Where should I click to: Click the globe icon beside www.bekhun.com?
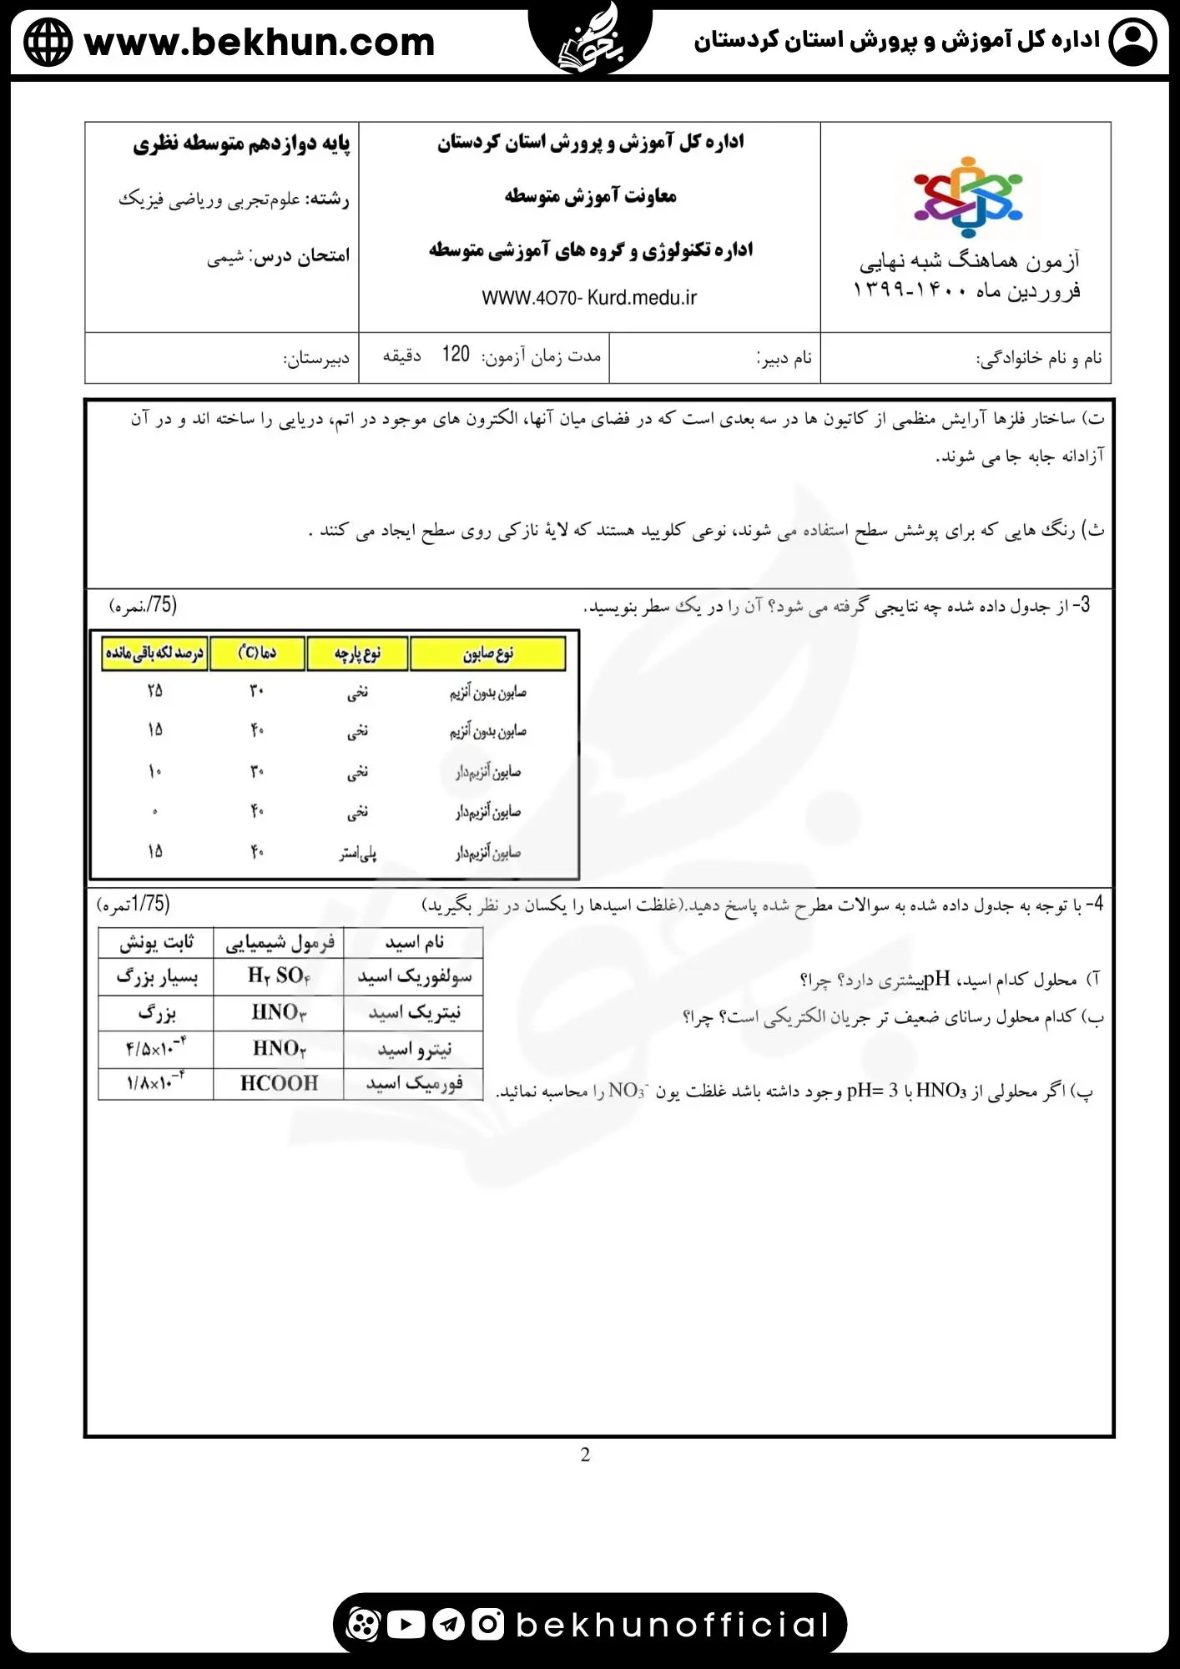pyautogui.click(x=48, y=43)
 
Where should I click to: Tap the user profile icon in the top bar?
pyautogui.click(x=1132, y=42)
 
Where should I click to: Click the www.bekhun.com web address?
pyautogui.click(x=260, y=43)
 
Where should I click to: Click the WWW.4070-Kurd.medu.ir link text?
pyautogui.click(x=589, y=298)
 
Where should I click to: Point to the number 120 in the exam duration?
pyautogui.click(x=456, y=355)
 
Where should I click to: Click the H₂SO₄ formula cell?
pyautogui.click(x=279, y=976)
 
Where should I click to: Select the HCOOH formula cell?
pyautogui.click(x=279, y=1083)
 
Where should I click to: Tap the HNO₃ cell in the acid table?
pyautogui.click(x=279, y=1012)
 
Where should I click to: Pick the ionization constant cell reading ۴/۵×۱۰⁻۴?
pyautogui.click(x=156, y=1047)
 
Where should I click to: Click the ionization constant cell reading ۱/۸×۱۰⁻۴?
pyautogui.click(x=156, y=1083)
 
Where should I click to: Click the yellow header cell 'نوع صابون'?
pyautogui.click(x=488, y=653)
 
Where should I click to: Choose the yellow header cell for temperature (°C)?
pyautogui.click(x=257, y=653)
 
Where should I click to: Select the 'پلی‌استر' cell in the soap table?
pyautogui.click(x=358, y=853)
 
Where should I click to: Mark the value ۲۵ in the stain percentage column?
pyautogui.click(x=155, y=691)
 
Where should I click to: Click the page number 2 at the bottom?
pyautogui.click(x=585, y=1455)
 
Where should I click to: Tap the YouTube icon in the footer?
pyautogui.click(x=406, y=1624)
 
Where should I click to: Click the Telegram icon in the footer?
pyautogui.click(x=448, y=1624)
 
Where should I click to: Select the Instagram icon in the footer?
pyautogui.click(x=488, y=1624)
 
